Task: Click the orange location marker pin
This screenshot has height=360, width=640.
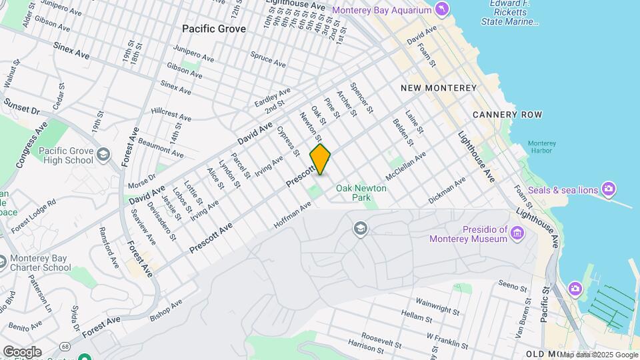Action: (320, 159)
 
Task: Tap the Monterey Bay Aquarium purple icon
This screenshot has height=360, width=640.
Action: (441, 9)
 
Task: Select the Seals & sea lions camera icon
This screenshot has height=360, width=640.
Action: (608, 189)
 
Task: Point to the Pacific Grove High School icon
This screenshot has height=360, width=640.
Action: (103, 155)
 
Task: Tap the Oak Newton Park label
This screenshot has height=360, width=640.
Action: (361, 193)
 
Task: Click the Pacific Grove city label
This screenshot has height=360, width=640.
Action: (214, 29)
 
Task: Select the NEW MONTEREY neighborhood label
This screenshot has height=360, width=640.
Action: (438, 88)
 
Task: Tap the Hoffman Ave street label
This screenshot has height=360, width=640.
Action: (292, 217)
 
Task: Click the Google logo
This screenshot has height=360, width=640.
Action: (22, 351)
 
